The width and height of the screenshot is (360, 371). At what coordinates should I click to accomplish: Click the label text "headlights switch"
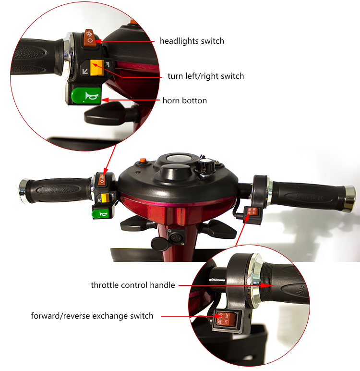pyautogui.click(x=192, y=41)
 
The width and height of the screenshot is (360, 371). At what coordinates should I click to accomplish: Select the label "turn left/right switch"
pyautogui.click(x=205, y=76)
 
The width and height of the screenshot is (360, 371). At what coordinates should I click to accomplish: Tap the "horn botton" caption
pyautogui.click(x=185, y=100)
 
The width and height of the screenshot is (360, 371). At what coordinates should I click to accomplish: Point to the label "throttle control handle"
pyautogui.click(x=133, y=285)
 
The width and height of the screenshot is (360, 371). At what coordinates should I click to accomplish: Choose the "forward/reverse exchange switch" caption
pyautogui.click(x=92, y=316)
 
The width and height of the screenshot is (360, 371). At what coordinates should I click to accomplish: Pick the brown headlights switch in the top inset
pyautogui.click(x=90, y=37)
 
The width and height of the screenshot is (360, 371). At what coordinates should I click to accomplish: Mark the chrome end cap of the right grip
pyautogui.click(x=349, y=198)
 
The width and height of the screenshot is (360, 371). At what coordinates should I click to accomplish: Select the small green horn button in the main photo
pyautogui.click(x=101, y=213)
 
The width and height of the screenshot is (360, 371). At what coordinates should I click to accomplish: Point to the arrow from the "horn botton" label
pyautogui.click(x=132, y=100)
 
